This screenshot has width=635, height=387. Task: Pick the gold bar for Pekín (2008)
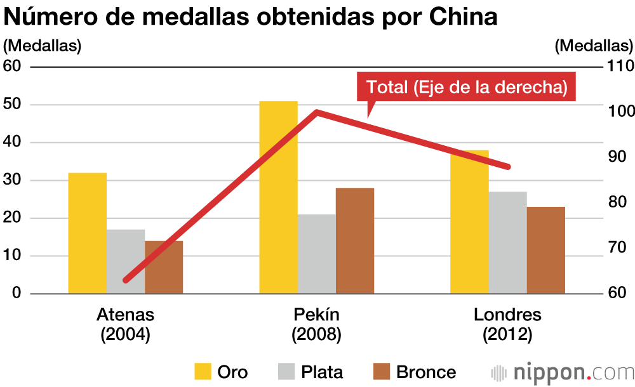coord(278,197)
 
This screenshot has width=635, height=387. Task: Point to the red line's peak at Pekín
coord(317,112)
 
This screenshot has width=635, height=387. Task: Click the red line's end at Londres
coord(508,167)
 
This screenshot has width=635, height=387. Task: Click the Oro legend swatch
coord(203,371)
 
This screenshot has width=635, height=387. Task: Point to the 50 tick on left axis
coord(13,105)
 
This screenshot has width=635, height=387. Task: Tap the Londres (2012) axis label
coord(507,324)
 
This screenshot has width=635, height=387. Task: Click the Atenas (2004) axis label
coord(125,324)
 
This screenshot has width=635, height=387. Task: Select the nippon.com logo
coord(562,372)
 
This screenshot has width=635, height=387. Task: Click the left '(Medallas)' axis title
coord(43,46)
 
